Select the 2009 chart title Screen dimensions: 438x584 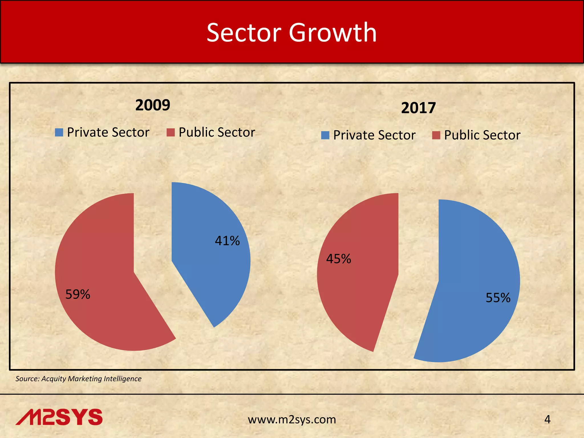point(153,105)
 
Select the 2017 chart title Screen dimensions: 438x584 point(418,108)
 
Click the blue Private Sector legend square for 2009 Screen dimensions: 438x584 point(59,132)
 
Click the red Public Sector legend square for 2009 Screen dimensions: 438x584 point(171,132)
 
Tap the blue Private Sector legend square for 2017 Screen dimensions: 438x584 point(325,135)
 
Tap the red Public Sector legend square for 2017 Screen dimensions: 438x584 point(436,135)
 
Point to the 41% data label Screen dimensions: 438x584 point(227,241)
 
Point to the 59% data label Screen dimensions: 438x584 point(78,294)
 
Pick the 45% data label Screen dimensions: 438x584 point(338,259)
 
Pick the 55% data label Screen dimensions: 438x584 point(498,298)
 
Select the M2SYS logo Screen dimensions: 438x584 point(59,417)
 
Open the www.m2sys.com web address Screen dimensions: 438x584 point(292,419)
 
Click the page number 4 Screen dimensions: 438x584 point(547,419)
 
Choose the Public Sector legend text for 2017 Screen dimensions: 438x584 point(482,135)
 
